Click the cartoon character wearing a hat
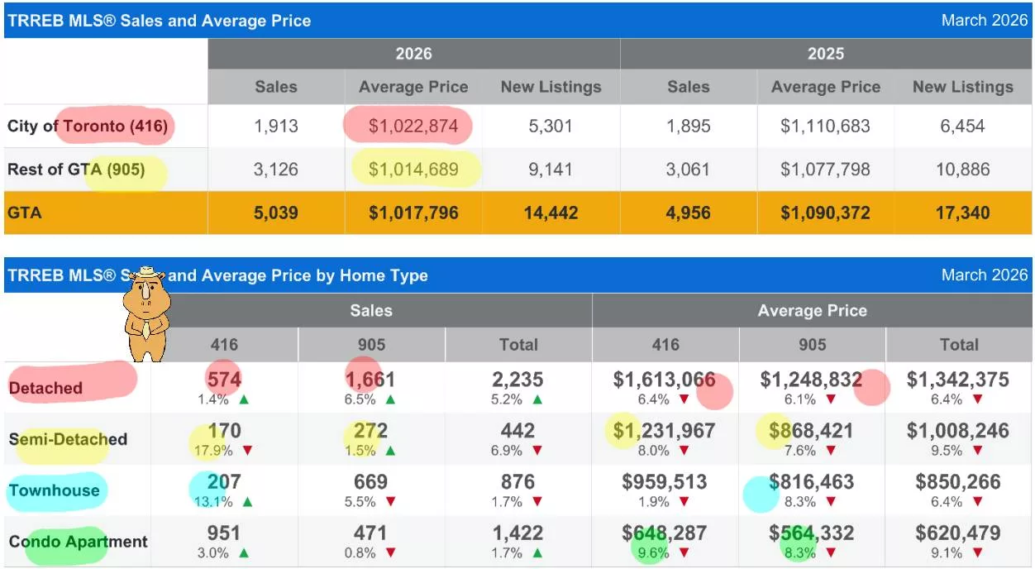click(145, 313)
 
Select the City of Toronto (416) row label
click(88, 127)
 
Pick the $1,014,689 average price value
click(413, 170)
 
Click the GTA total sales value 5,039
click(275, 213)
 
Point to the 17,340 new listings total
click(962, 213)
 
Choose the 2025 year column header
click(825, 54)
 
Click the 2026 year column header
click(413, 54)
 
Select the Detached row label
click(46, 388)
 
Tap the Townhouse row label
click(55, 490)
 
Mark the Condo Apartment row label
click(79, 542)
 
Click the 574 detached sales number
click(224, 380)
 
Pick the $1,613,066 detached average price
click(665, 380)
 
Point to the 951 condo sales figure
click(224, 533)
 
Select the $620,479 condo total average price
click(958, 533)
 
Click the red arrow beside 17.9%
click(247, 452)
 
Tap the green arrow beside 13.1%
click(247, 502)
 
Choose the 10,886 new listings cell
click(962, 170)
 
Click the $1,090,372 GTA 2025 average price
click(825, 213)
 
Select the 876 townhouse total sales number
click(517, 482)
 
